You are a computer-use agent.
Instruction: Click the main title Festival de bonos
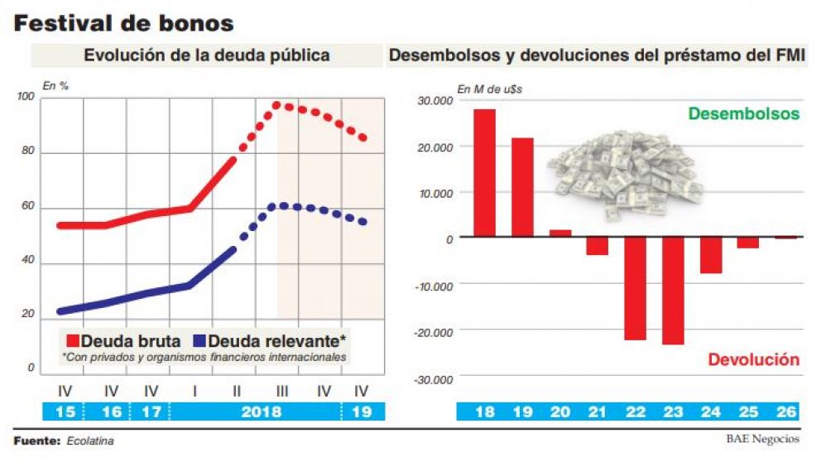tap(124, 23)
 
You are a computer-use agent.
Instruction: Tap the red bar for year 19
tap(522, 187)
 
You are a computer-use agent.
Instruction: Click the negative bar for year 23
tap(673, 291)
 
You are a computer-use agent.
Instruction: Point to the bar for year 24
tap(711, 255)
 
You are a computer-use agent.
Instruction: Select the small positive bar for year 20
tap(560, 233)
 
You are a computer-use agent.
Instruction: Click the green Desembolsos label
tap(744, 114)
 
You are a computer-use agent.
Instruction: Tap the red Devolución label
tap(753, 360)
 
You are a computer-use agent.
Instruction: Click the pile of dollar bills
tap(627, 172)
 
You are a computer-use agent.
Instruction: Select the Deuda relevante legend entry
tap(269, 340)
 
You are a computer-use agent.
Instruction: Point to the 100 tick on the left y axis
tap(26, 99)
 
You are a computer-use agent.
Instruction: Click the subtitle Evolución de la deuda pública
tap(207, 55)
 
